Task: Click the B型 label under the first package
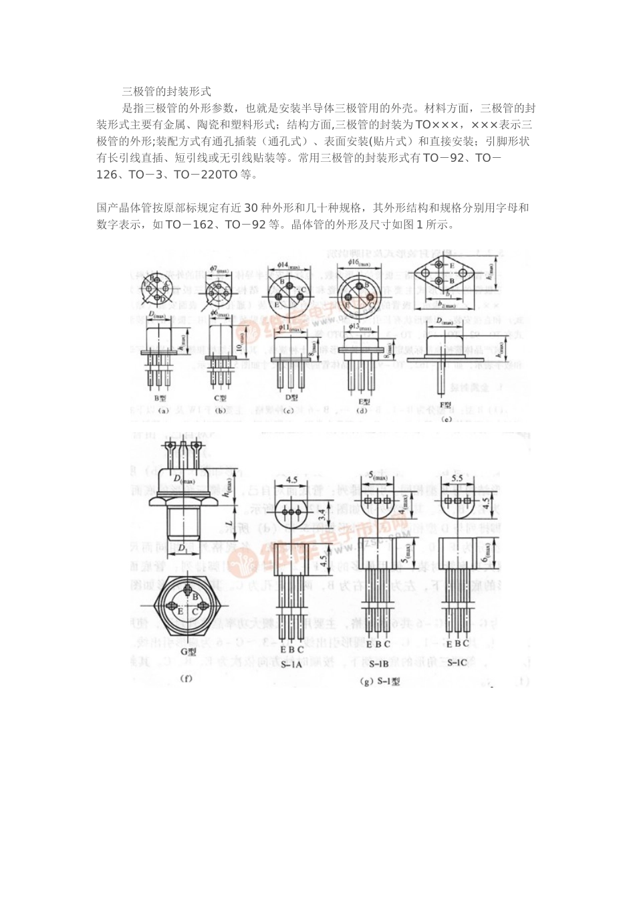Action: tap(160, 397)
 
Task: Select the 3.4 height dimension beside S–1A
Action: tap(324, 515)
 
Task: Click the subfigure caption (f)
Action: tap(187, 678)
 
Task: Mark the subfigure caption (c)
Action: tap(288, 410)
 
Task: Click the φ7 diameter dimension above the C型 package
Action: tap(218, 271)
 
